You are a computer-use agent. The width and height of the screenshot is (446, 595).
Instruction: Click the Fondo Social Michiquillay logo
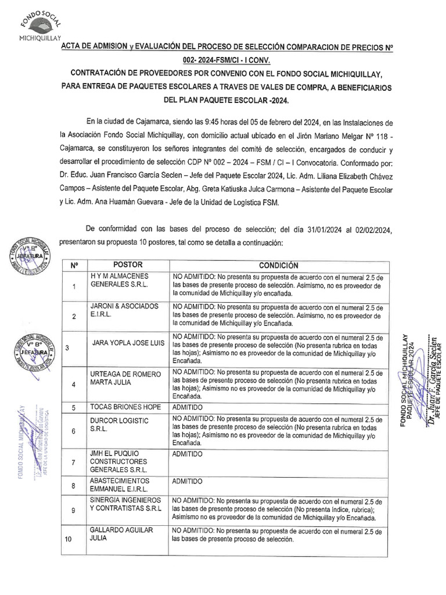(x=39, y=26)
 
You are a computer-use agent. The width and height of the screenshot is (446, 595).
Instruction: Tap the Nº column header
(x=74, y=265)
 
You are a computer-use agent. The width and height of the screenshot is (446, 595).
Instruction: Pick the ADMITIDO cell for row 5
(x=187, y=408)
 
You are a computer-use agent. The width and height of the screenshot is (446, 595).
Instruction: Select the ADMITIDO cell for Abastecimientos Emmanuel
(x=187, y=482)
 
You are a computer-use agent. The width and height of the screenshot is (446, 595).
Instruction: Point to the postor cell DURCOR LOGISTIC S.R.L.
(x=119, y=425)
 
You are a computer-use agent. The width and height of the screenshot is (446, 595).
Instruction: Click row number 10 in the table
(x=68, y=539)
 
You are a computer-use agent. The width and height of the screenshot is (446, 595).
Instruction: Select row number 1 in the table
(x=74, y=286)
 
